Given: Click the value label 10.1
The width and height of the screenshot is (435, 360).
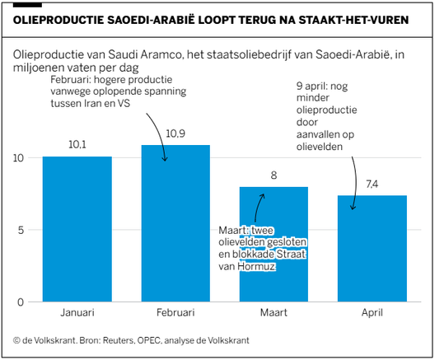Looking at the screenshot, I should [x=77, y=144].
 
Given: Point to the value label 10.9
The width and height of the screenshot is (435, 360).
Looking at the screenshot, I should [x=175, y=133].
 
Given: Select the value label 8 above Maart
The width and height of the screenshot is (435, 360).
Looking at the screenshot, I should [x=273, y=175].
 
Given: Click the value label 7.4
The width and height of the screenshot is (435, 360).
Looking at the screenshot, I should [x=372, y=183].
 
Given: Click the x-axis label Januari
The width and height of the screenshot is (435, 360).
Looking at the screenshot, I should [x=77, y=314].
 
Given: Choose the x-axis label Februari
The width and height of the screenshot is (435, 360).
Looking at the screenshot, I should [x=175, y=314].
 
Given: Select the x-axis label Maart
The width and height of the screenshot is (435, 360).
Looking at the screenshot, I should [x=273, y=314].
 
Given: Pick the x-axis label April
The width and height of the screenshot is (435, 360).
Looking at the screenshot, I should [x=372, y=314].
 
